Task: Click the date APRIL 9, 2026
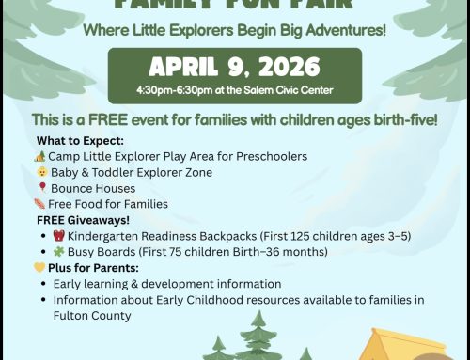point(234,68)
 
